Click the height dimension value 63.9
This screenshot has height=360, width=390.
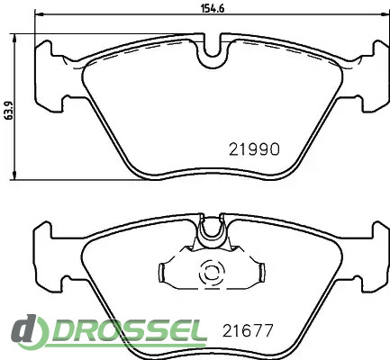click(9, 111)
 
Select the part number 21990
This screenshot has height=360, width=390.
click(254, 149)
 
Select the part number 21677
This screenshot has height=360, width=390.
click(248, 330)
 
